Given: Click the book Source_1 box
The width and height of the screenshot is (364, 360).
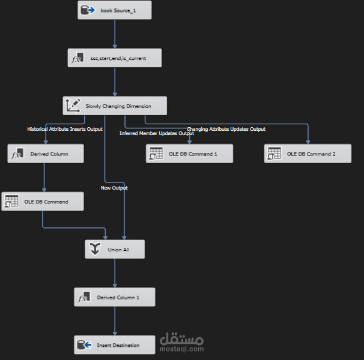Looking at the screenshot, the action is pyautogui.click(x=115, y=10).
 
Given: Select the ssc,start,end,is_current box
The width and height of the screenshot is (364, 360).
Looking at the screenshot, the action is pyautogui.click(x=115, y=58).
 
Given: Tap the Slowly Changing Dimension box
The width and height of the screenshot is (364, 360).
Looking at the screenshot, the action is pyautogui.click(x=115, y=106).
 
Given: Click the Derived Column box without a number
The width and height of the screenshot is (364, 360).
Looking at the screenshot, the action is pyautogui.click(x=46, y=154).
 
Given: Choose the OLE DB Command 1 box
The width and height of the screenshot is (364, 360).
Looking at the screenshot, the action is pyautogui.click(x=189, y=154).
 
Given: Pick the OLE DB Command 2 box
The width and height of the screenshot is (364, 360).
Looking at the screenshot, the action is pyautogui.click(x=308, y=154).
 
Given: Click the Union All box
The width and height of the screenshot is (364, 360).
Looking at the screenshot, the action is pyautogui.click(x=115, y=250).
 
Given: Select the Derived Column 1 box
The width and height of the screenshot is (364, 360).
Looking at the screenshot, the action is pyautogui.click(x=115, y=297).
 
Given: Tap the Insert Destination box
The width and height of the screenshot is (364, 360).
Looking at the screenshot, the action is pyautogui.click(x=115, y=345).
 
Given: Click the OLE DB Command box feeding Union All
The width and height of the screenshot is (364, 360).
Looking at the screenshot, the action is pyautogui.click(x=43, y=202).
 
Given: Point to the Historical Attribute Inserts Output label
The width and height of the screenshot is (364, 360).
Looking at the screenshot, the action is pyautogui.click(x=65, y=129).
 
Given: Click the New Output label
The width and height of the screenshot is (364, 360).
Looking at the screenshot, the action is pyautogui.click(x=114, y=188).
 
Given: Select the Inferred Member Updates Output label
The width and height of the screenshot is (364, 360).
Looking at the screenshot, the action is pyautogui.click(x=157, y=133).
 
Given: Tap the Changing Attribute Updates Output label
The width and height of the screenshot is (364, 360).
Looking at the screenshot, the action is pyautogui.click(x=226, y=129).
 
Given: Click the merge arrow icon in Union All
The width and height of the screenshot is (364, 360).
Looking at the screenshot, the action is pyautogui.click(x=95, y=249).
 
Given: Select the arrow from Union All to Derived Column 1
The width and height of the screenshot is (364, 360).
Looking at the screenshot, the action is pyautogui.click(x=115, y=273).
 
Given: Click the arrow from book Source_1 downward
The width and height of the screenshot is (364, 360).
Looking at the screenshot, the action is pyautogui.click(x=115, y=34).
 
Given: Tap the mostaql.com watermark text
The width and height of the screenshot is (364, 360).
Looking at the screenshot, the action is pyautogui.click(x=181, y=349).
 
